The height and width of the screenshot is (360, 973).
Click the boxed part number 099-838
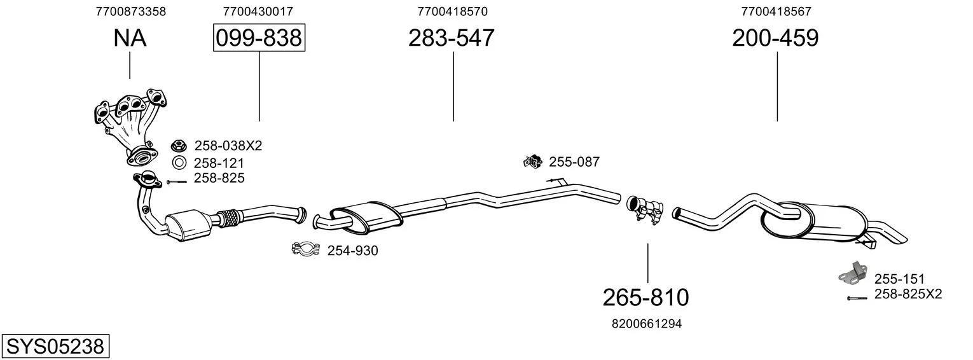259,38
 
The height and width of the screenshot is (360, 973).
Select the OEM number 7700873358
131,11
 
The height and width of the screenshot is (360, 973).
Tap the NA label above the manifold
130,38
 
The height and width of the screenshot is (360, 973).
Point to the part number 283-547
452,38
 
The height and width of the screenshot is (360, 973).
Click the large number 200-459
775,38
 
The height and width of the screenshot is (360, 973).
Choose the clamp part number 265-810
646,298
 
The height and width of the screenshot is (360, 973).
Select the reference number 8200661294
647,324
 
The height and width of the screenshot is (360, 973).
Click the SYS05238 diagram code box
55,346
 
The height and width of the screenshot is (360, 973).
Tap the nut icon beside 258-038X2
179,146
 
